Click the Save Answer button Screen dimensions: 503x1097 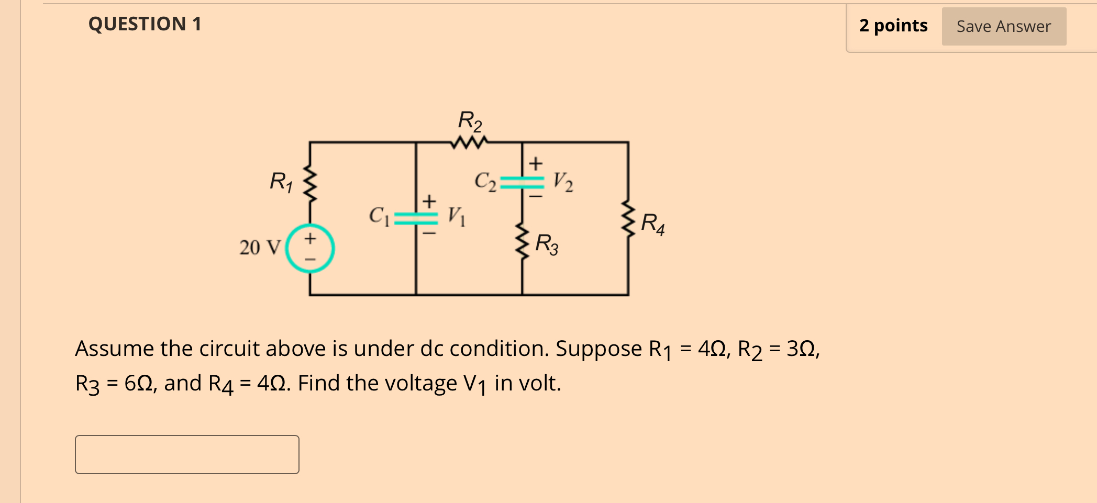tap(1003, 26)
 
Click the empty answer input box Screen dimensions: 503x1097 tap(187, 454)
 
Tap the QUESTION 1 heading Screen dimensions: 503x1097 tap(145, 24)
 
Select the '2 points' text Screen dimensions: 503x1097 tap(893, 26)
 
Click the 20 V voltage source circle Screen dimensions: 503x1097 tap(310, 248)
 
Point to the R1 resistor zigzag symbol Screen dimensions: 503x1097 tap(311, 184)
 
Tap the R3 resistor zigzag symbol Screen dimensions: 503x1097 tap(522, 241)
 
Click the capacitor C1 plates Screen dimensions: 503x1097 tap(416, 218)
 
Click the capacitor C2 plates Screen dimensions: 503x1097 tap(522, 182)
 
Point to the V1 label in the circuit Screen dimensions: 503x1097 tap(456, 216)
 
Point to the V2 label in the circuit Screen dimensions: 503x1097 tap(563, 182)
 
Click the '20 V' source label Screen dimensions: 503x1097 tap(260, 248)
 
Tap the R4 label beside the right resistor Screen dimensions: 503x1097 tap(652, 223)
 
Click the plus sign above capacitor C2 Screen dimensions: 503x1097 tap(535, 163)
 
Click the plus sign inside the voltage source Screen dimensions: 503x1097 tap(310, 239)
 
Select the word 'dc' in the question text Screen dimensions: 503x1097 tap(432, 349)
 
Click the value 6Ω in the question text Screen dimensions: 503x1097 tap(138, 383)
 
